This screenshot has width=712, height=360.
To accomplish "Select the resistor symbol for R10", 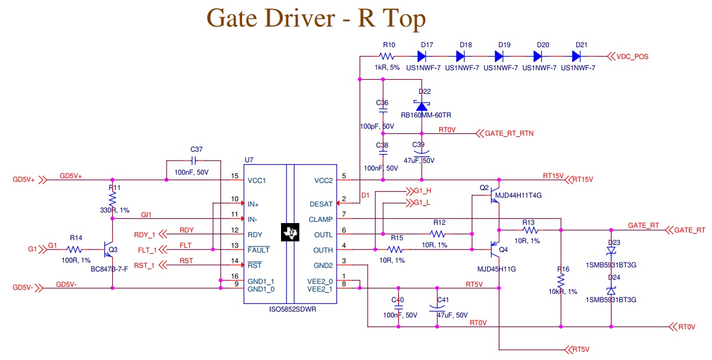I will click(387, 57).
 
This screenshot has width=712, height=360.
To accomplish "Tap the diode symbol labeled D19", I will click(499, 57).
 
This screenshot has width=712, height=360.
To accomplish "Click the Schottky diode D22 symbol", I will click(421, 104).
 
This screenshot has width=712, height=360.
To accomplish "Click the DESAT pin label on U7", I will click(321, 204).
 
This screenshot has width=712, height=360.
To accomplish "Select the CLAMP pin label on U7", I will click(321, 220).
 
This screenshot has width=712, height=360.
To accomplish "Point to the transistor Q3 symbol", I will click(108, 249).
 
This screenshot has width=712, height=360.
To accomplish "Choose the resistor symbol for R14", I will click(75, 250).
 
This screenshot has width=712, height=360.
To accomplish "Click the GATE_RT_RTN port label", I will click(509, 134).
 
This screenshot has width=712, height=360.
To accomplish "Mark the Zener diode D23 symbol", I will click(611, 250).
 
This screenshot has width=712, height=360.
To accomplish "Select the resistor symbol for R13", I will click(528, 230).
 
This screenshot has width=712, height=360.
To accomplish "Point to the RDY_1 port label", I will click(145, 235).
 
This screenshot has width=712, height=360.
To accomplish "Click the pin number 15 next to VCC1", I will click(235, 176).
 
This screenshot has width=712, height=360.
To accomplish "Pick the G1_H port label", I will click(423, 191).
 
